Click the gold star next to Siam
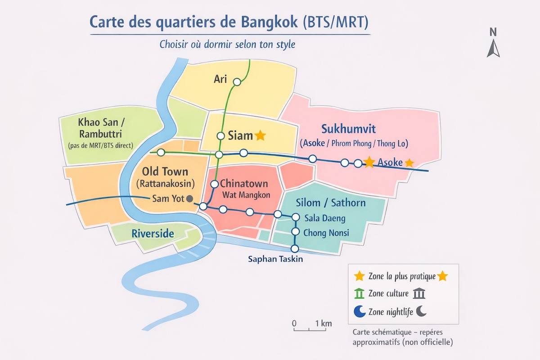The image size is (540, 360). pos(260,135)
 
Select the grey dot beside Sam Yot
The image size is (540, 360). pos(189,198)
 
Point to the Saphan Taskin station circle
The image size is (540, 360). pos(295,248)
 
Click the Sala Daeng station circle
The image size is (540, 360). pos(295,217)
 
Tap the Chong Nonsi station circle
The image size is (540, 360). pos(295,232)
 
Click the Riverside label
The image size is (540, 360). pos(153,234)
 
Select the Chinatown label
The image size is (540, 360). pos(244,184)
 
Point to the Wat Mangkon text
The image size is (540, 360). pos(246,195)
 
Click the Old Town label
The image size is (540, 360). pos(165,171)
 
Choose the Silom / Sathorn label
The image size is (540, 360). pos(331,203)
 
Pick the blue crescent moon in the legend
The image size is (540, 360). pos(359,311)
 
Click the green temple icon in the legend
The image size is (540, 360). pos(359,294)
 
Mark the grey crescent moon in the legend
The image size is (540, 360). pos(421,311)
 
